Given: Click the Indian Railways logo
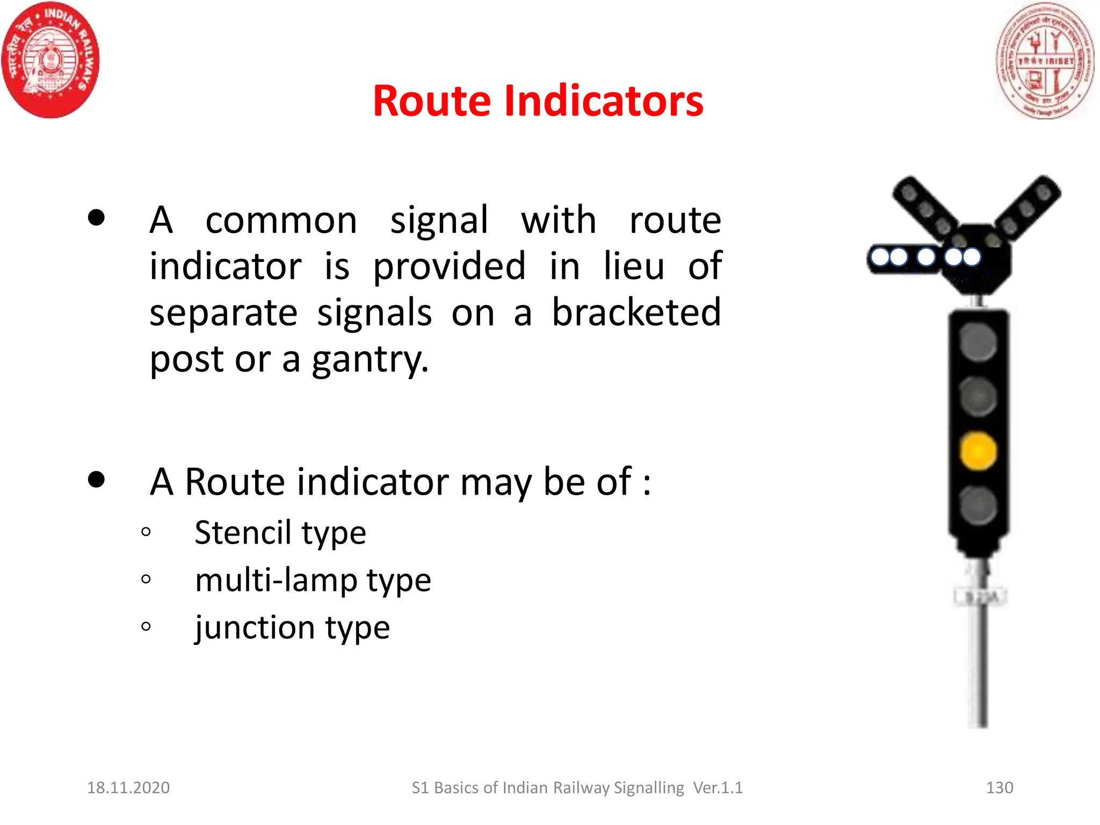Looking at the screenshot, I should (x=50, y=60).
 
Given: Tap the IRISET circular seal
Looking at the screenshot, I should (x=1044, y=61).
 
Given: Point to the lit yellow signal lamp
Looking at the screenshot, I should (x=978, y=451).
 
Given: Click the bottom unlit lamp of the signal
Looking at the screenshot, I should (x=978, y=505).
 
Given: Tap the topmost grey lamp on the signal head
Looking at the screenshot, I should (x=978, y=342).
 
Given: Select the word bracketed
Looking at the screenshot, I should (x=636, y=313).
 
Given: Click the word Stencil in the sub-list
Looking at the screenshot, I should (x=243, y=533).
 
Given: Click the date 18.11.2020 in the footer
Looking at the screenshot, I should (x=128, y=787).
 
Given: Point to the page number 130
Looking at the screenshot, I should (x=1000, y=787).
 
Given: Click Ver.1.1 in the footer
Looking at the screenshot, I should (x=718, y=787).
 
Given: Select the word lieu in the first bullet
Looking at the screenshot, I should (x=634, y=266).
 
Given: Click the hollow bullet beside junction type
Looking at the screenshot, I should (x=146, y=626).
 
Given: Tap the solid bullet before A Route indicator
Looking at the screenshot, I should (x=96, y=479).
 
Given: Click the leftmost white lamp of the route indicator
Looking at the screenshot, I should (x=880, y=257).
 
